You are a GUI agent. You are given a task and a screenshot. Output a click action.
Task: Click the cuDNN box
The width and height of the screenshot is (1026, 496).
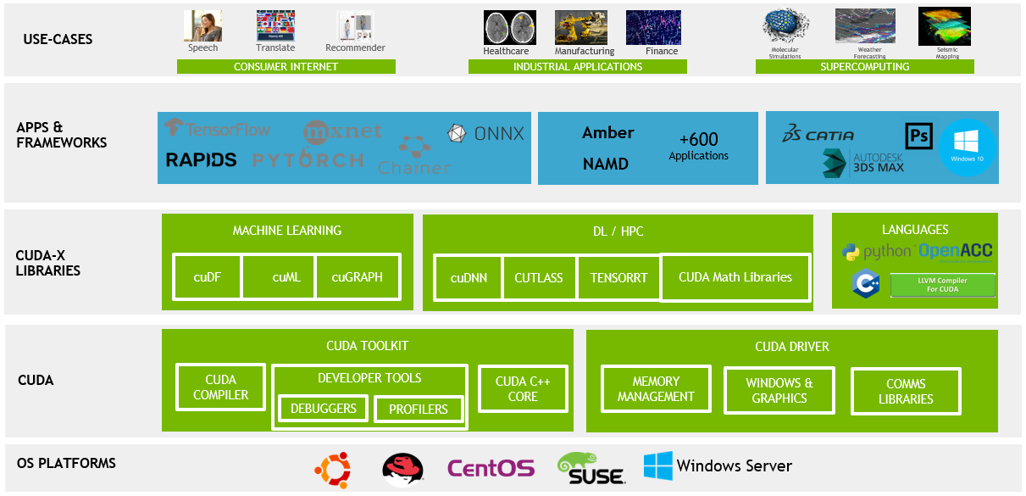(x=468, y=277)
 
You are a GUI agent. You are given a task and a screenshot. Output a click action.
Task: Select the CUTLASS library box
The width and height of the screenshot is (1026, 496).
(x=539, y=277)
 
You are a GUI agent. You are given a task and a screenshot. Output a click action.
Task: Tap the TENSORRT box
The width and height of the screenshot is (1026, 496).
(x=618, y=277)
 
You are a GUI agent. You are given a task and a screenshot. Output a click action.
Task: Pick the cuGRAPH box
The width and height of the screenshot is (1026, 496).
(x=357, y=276)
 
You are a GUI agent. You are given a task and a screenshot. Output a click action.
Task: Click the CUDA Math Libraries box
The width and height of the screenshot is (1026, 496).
(x=735, y=276)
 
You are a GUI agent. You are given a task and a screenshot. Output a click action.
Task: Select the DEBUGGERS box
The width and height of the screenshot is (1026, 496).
(x=323, y=409)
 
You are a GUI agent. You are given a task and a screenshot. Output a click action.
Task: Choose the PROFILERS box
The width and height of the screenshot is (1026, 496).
(x=418, y=410)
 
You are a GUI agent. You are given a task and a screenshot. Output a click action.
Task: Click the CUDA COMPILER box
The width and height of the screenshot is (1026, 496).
(x=220, y=387)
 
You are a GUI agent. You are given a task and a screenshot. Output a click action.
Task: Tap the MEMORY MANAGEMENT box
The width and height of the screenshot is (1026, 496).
(x=656, y=389)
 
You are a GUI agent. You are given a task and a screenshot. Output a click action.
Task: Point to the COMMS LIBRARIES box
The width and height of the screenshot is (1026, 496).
(x=906, y=392)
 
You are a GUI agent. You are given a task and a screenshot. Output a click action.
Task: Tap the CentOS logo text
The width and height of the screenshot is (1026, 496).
(x=491, y=468)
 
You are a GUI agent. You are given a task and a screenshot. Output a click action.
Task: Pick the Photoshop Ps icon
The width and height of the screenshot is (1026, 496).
(x=918, y=136)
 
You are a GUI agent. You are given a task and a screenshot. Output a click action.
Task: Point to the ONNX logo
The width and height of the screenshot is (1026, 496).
(x=486, y=133)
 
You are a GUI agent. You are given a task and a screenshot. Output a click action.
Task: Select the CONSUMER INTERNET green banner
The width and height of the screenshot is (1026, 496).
(x=286, y=67)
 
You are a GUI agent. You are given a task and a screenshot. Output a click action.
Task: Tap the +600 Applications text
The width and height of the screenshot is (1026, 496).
(x=698, y=146)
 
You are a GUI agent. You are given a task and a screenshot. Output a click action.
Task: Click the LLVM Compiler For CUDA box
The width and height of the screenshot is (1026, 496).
(x=942, y=285)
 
